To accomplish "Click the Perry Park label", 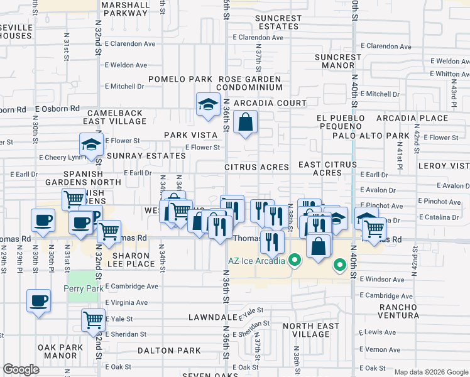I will click(x=82, y=288).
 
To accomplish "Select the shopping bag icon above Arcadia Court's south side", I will click(x=245, y=122).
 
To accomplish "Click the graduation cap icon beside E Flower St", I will click(x=92, y=146).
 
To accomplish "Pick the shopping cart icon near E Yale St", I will click(x=93, y=320).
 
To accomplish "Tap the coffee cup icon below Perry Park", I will click(x=39, y=300).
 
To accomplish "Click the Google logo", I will click(x=21, y=369).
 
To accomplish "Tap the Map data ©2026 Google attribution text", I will click(x=431, y=372).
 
